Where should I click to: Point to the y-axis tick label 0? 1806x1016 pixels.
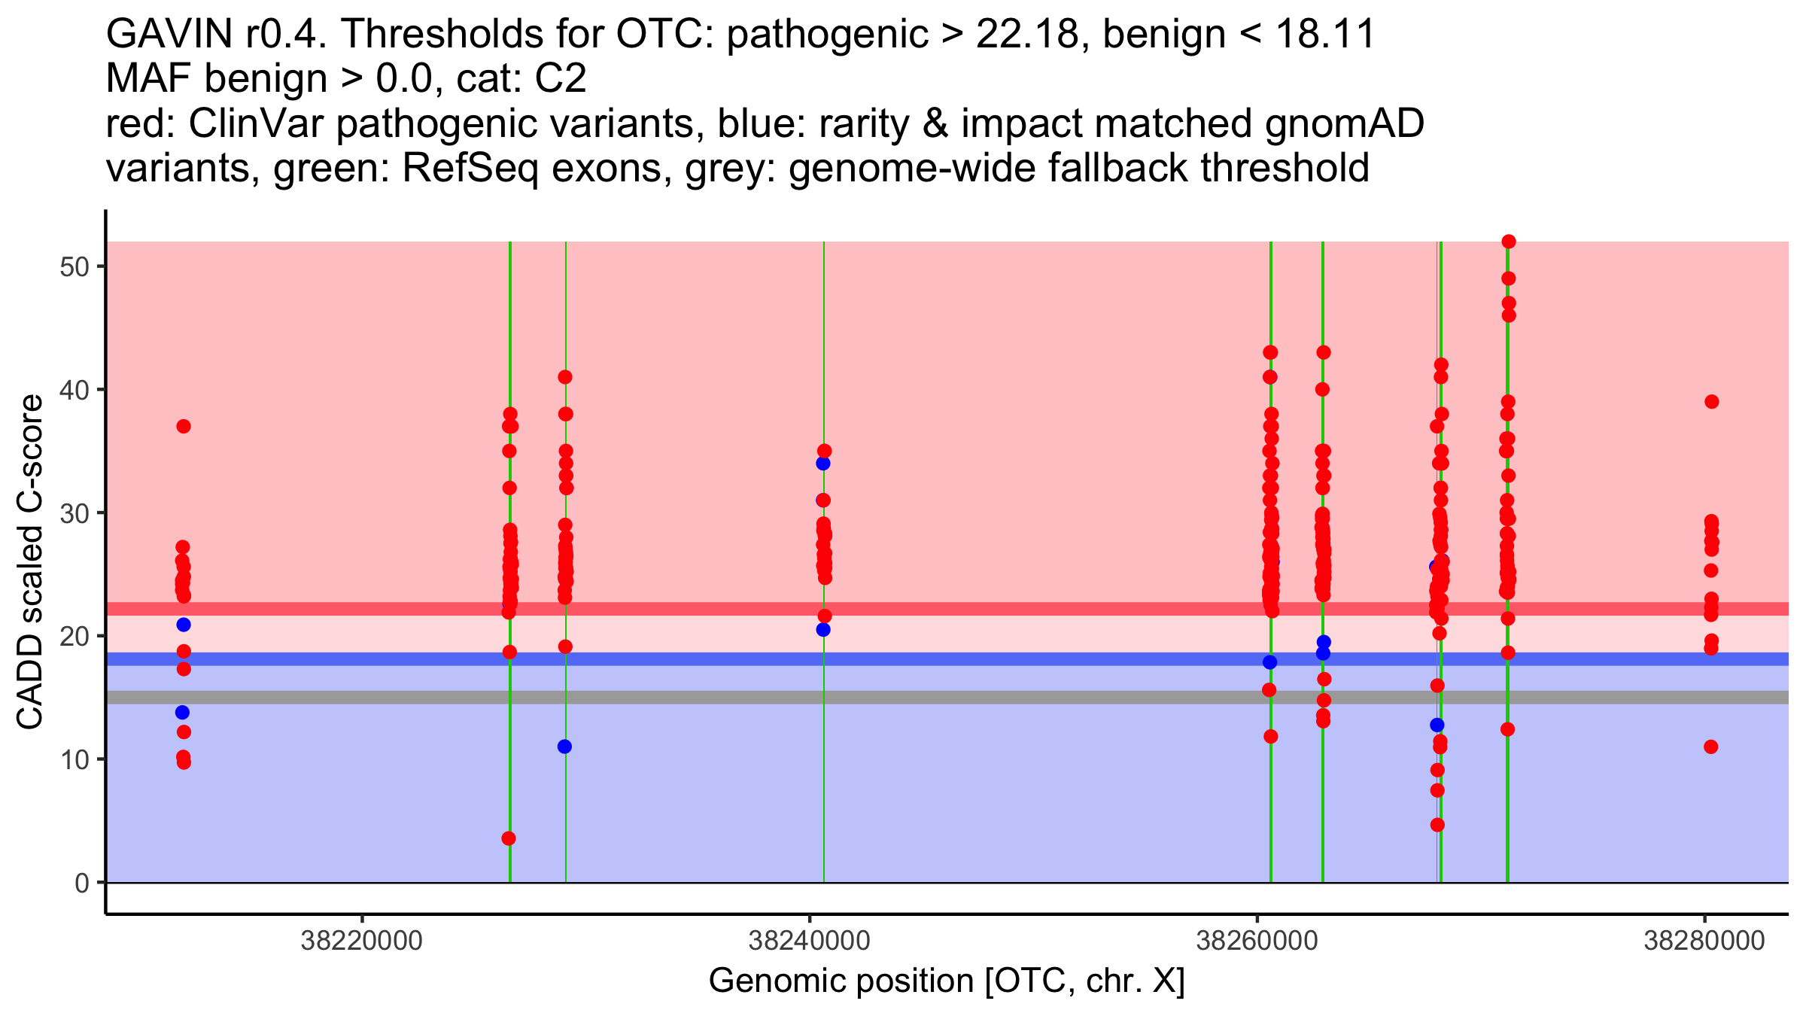81,883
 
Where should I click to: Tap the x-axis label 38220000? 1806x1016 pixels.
362,941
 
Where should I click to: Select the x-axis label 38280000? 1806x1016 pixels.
1704,941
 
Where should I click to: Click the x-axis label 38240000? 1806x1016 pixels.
810,941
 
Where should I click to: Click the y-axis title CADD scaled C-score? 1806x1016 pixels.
30,562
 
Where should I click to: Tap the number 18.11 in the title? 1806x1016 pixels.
1325,35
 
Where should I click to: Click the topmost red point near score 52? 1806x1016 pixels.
1508,242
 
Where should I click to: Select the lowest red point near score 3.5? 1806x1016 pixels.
509,838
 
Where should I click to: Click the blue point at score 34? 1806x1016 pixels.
822,464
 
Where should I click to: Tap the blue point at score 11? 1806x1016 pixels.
564,747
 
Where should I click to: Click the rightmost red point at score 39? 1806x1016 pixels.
1711,402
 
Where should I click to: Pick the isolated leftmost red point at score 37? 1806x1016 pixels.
184,427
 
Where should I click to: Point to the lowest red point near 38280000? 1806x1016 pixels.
1710,747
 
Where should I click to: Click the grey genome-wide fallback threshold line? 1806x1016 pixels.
978,698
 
